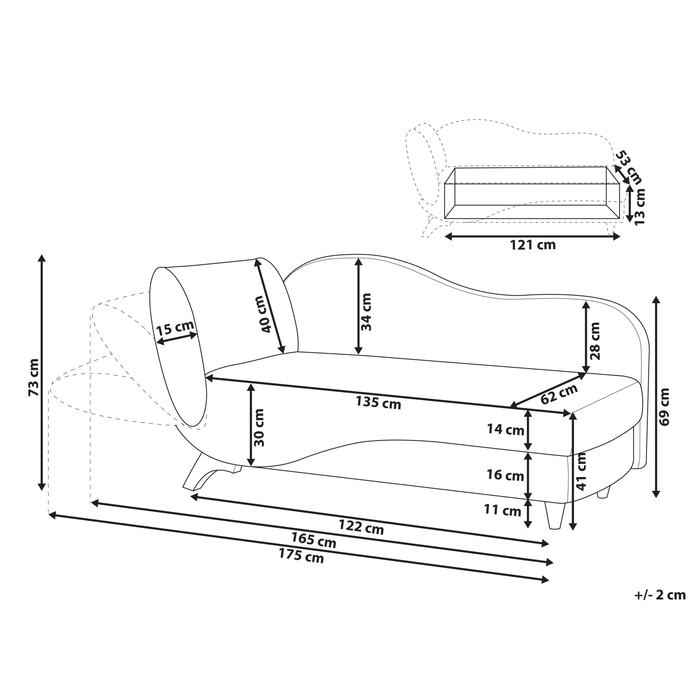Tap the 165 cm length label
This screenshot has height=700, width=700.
(318, 543)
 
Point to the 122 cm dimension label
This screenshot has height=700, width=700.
(360, 527)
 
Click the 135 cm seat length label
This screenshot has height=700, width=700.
(379, 404)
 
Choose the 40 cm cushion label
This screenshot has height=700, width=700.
(266, 312)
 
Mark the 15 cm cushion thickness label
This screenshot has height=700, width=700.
(176, 327)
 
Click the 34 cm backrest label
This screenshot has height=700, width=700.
(367, 311)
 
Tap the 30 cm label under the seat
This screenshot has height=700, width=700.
(259, 427)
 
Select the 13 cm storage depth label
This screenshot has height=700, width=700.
(641, 204)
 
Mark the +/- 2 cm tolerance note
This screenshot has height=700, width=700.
(660, 595)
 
